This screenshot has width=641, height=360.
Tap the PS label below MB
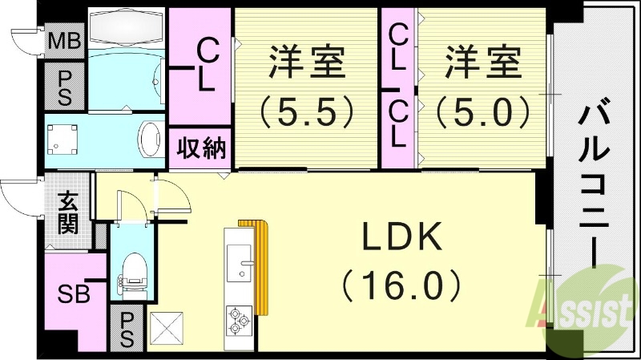click(65, 86)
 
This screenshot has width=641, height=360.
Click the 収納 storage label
click(200, 149)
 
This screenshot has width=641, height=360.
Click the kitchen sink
click(240, 262)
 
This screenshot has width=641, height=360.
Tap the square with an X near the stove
click(167, 327)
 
